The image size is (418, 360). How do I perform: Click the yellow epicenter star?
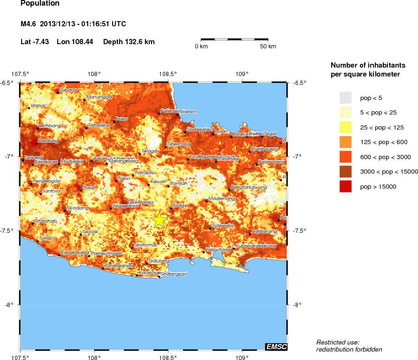160,220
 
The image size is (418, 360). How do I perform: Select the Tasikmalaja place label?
141,202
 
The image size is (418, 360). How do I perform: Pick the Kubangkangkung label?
256,245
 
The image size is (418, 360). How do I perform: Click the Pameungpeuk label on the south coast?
106,253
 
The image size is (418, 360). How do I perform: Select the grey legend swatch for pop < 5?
346,98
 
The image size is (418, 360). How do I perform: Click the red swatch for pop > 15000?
346,186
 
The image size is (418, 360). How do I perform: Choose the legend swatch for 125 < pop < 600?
346,142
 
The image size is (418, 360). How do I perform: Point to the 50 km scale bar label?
268,46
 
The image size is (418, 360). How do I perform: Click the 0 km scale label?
201,46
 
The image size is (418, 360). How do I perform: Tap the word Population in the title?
40,4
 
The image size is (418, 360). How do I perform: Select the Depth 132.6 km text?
129,42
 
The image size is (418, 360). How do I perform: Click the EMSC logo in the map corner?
276,347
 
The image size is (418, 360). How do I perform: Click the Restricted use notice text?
338,342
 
